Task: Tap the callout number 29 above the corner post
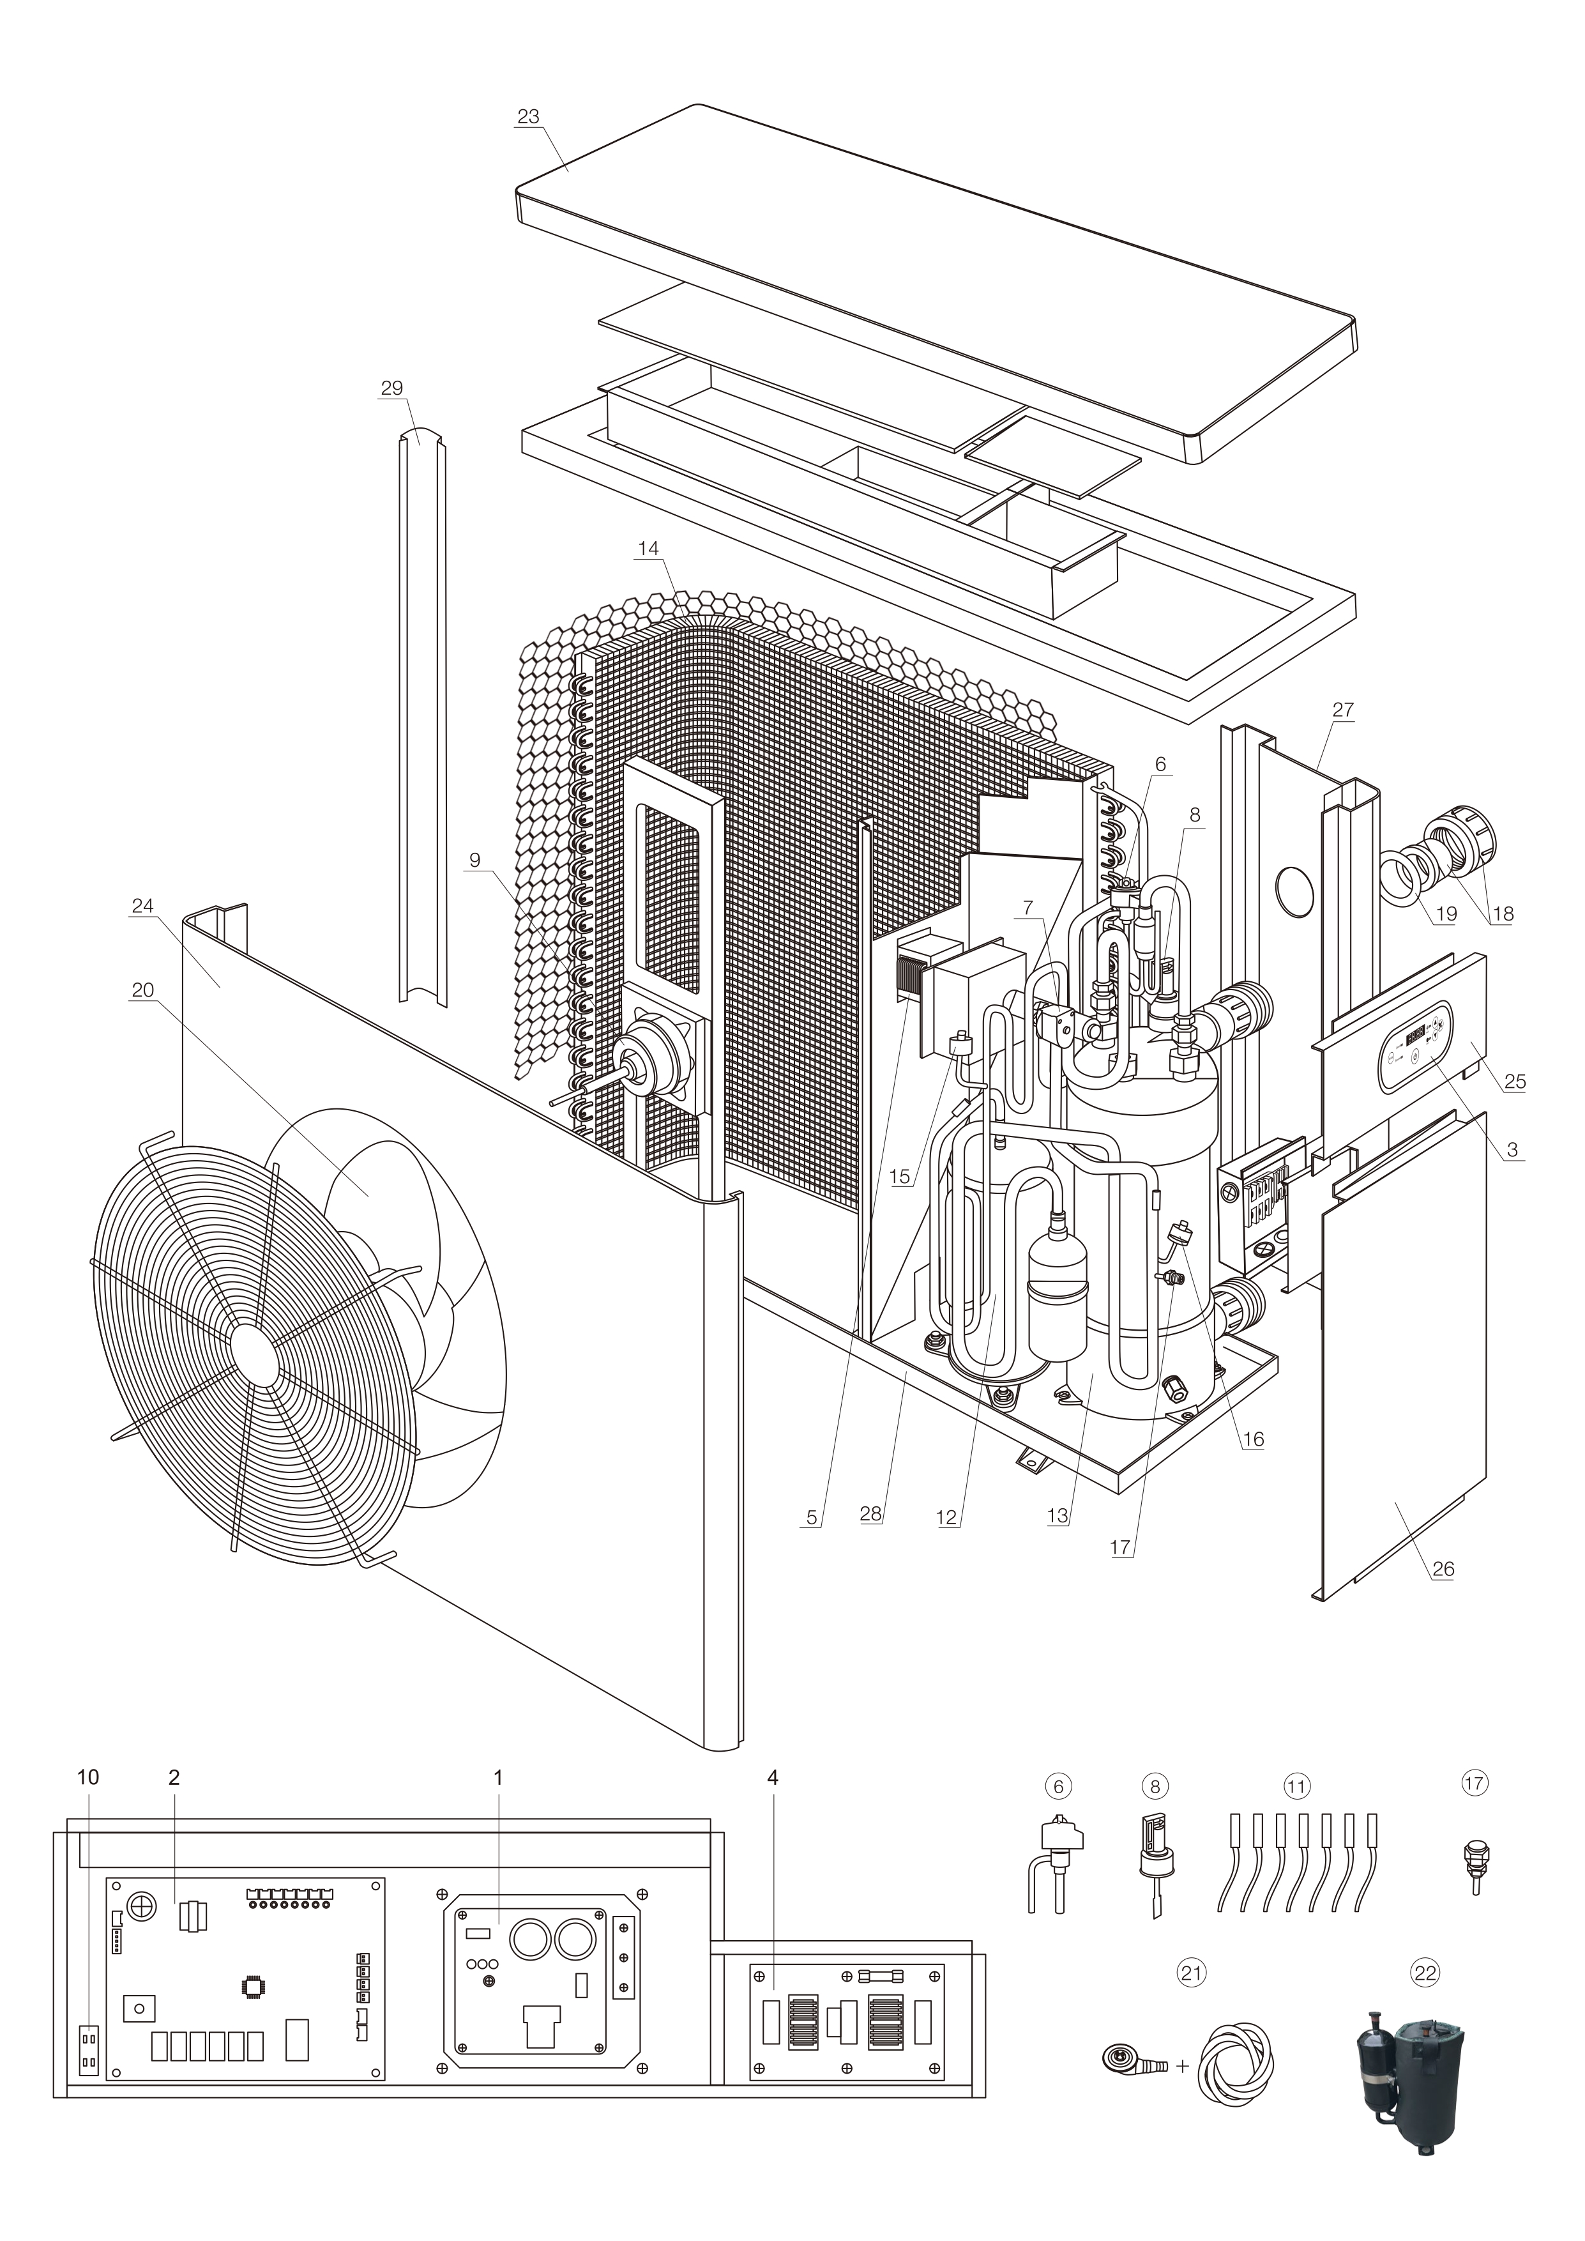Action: coord(391,388)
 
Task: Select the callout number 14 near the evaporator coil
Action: coord(648,549)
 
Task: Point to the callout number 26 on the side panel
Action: coord(1443,1568)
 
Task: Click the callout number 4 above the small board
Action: coord(772,1777)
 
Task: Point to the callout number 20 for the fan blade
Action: coord(142,990)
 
